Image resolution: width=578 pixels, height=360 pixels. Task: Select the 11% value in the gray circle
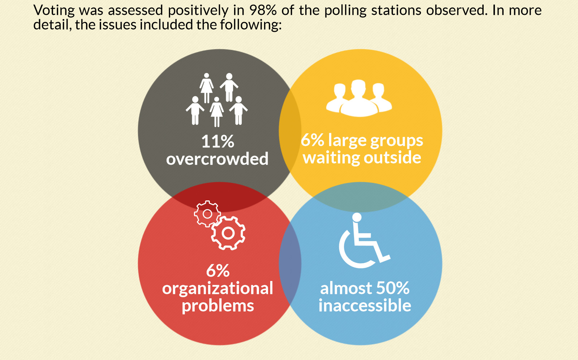[218, 142]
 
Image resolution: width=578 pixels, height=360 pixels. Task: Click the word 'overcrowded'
[217, 159]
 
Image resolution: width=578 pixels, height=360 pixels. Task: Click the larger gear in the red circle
[228, 233]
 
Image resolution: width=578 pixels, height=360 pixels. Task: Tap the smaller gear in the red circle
[207, 214]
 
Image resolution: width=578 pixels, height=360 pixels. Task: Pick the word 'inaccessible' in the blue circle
[365, 305]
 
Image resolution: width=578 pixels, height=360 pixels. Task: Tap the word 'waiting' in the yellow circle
[331, 158]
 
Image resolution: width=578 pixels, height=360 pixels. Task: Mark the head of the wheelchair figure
[357, 217]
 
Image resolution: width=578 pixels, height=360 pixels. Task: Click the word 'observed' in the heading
[457, 10]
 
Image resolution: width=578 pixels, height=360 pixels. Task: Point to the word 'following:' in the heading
[251, 25]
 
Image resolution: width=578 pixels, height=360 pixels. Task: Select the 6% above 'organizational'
[218, 271]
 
